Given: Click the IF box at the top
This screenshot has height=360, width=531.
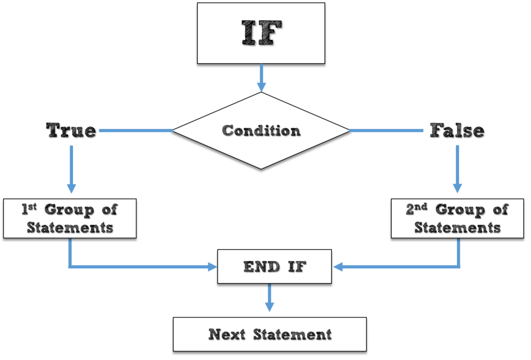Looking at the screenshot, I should (261, 33).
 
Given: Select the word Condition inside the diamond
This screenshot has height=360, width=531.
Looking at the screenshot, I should (261, 131).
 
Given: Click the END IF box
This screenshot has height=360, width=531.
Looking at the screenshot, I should (274, 267).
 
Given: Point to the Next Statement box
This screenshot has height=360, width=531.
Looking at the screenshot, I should (270, 334).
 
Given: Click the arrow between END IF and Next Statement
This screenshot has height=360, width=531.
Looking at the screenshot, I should (269, 298).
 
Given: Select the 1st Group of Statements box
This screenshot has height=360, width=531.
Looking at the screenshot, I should (70, 218).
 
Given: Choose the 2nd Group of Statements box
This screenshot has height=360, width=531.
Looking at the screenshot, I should (457, 218).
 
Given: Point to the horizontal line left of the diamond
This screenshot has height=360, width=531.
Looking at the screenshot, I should (135, 130).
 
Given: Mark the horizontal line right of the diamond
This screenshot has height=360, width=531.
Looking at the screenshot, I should (386, 130).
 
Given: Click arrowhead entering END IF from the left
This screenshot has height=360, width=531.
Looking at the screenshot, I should (213, 267).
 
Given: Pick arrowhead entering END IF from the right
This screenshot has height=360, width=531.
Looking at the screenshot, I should (337, 267).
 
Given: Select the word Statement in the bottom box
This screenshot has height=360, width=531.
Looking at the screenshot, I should (292, 335).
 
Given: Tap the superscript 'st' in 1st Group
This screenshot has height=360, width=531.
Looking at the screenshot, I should (33, 206).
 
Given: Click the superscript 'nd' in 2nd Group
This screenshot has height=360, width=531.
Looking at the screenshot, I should (421, 206).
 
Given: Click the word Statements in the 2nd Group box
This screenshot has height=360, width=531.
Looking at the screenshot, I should (457, 228).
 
